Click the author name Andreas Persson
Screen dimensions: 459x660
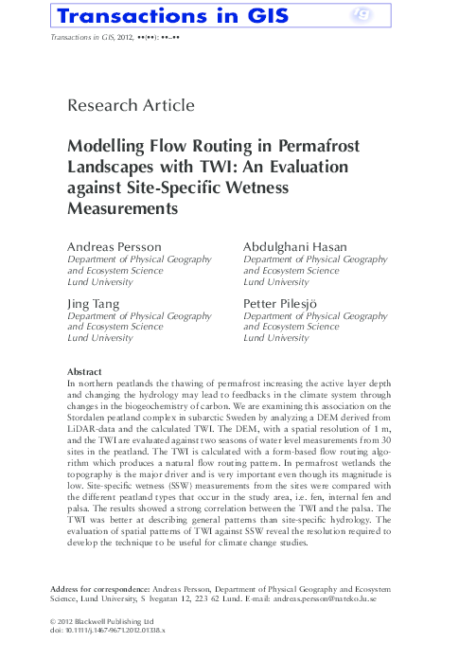click(x=114, y=246)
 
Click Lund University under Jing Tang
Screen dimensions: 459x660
click(x=99, y=338)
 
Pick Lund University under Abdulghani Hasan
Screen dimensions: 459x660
click(x=276, y=282)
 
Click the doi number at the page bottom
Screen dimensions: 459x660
click(x=106, y=630)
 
